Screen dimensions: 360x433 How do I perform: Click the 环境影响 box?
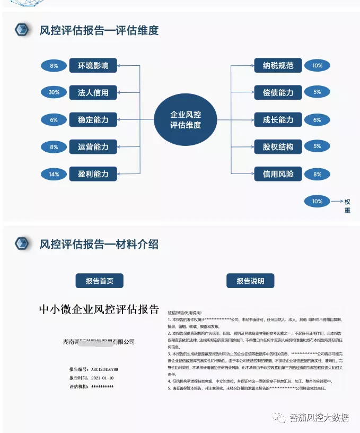tap(93, 66)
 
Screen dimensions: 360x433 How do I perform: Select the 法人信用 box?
tap(93, 92)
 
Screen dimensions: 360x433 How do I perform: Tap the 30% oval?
tap(54, 92)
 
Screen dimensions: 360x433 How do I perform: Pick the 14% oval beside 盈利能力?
tap(54, 174)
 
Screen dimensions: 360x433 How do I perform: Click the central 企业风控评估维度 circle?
tap(185, 120)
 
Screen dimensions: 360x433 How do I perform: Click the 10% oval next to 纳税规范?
tap(317, 66)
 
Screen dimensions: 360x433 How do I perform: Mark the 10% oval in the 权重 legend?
tap(317, 202)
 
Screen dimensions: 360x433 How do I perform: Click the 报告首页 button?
tap(100, 281)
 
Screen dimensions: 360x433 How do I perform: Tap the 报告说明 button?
tap(250, 281)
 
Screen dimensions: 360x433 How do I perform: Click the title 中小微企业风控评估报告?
tap(99, 309)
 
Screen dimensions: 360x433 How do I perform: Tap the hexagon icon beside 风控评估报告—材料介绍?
tap(22, 244)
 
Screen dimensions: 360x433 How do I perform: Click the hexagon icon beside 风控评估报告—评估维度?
tap(22, 30)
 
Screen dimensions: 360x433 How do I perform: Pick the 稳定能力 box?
tap(93, 120)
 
